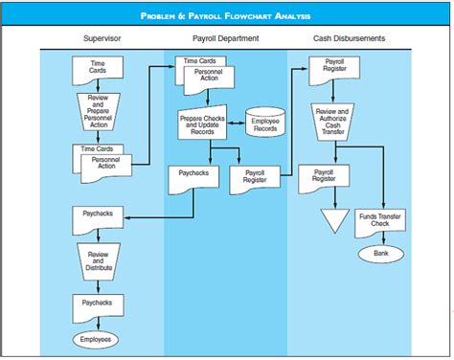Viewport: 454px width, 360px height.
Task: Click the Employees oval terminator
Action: point(96,338)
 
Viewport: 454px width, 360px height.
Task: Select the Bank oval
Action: point(381,254)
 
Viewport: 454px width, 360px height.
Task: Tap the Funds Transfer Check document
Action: point(380,221)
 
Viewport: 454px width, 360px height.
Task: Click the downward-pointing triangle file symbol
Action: point(332,221)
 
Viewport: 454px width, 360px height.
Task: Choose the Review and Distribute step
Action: point(98,259)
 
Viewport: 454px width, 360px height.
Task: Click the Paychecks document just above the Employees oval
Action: point(97,304)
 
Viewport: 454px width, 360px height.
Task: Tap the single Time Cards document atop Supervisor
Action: point(96,69)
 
